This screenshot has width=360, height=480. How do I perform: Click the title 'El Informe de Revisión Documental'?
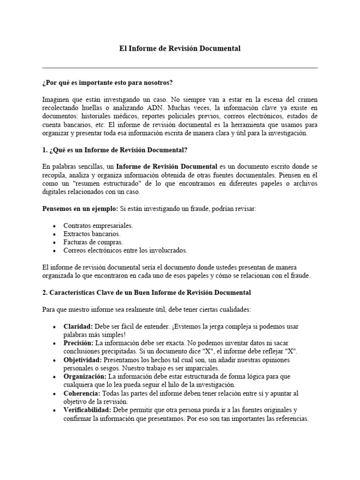[180, 49]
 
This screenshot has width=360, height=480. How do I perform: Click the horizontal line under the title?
[180, 67]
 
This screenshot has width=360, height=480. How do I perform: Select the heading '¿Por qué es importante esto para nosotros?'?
[107, 82]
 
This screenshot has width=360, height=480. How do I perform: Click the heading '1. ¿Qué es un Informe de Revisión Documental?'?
[114, 150]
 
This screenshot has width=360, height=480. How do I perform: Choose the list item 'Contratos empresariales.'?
[98, 225]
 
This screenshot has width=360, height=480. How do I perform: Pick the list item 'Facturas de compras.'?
[93, 242]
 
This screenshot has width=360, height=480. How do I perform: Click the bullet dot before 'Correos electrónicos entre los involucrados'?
[55, 251]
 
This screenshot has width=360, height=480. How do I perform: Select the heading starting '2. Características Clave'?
[146, 292]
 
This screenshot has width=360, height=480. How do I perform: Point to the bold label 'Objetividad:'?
[83, 360]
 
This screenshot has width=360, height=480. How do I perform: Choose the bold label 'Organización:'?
[85, 377]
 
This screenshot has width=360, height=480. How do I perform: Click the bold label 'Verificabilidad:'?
[87, 411]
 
